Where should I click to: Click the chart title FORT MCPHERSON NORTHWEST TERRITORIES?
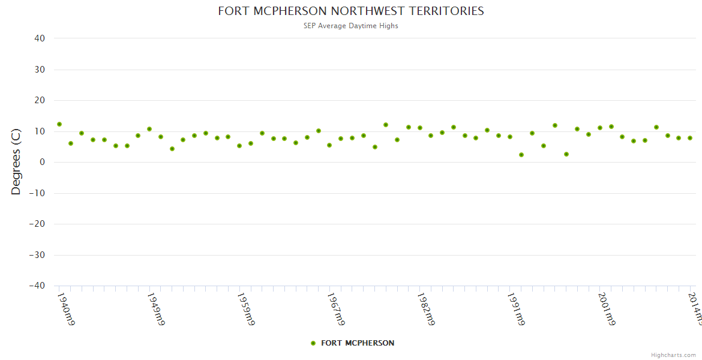point(350,11)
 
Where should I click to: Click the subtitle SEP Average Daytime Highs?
point(350,26)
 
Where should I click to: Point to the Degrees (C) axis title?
point(16,161)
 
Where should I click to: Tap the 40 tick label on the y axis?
point(40,38)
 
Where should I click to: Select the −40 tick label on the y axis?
point(37,286)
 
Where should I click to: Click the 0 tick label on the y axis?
point(43,162)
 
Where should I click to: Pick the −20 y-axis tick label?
point(37,224)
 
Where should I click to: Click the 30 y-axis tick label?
point(40,70)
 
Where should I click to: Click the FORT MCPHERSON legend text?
point(358,343)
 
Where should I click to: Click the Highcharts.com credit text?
point(673,355)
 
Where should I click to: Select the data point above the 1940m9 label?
point(59,124)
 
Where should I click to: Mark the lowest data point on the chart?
point(521,155)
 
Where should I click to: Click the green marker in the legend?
point(313,343)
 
